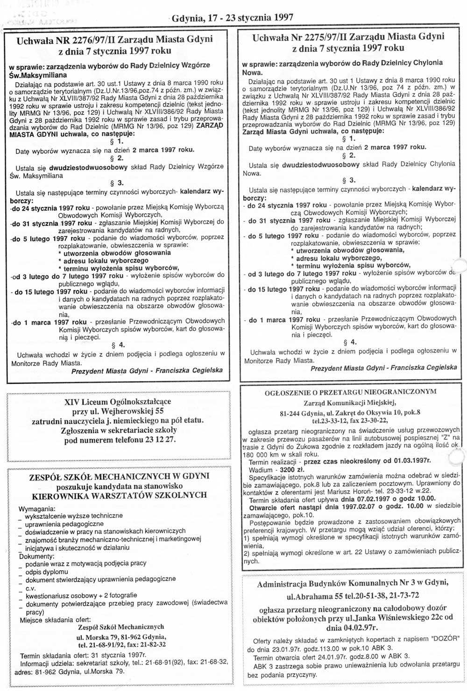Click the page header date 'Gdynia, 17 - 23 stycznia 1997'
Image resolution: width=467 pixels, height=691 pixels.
(233, 18)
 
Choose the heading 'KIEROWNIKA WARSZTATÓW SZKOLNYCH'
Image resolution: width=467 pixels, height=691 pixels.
(119, 494)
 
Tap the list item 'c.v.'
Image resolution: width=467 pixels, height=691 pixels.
(31, 587)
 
